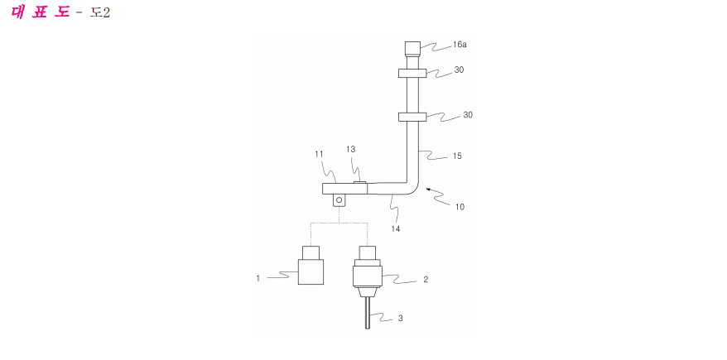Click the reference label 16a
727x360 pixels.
pyautogui.click(x=460, y=46)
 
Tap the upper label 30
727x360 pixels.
pyautogui.click(x=459, y=70)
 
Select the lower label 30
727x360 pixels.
pyautogui.click(x=468, y=115)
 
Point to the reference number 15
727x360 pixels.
pyautogui.click(x=457, y=156)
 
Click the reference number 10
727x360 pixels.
pyautogui.click(x=459, y=207)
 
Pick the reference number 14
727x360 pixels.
pyautogui.click(x=396, y=228)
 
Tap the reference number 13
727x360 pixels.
pyautogui.click(x=350, y=149)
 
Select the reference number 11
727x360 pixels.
pyautogui.click(x=319, y=153)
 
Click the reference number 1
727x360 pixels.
pyautogui.click(x=258, y=278)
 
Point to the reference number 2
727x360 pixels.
pyautogui.click(x=426, y=280)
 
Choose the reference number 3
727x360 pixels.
pyautogui.click(x=401, y=319)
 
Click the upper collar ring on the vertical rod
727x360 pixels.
pyautogui.click(x=412, y=73)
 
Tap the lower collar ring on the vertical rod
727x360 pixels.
pyautogui.click(x=412, y=118)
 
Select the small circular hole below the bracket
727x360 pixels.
pyautogui.click(x=339, y=200)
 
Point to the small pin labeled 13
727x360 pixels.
pyautogui.click(x=361, y=183)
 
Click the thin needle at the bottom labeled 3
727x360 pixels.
pyautogui.click(x=368, y=313)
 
